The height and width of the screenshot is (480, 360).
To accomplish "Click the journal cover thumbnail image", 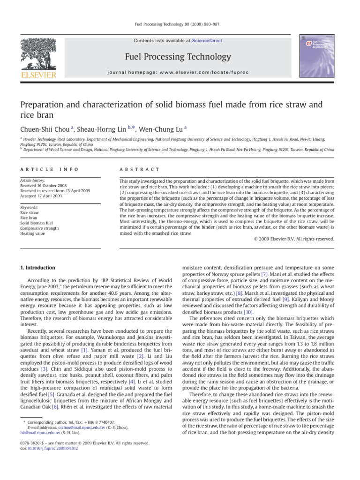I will pos(316,51).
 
